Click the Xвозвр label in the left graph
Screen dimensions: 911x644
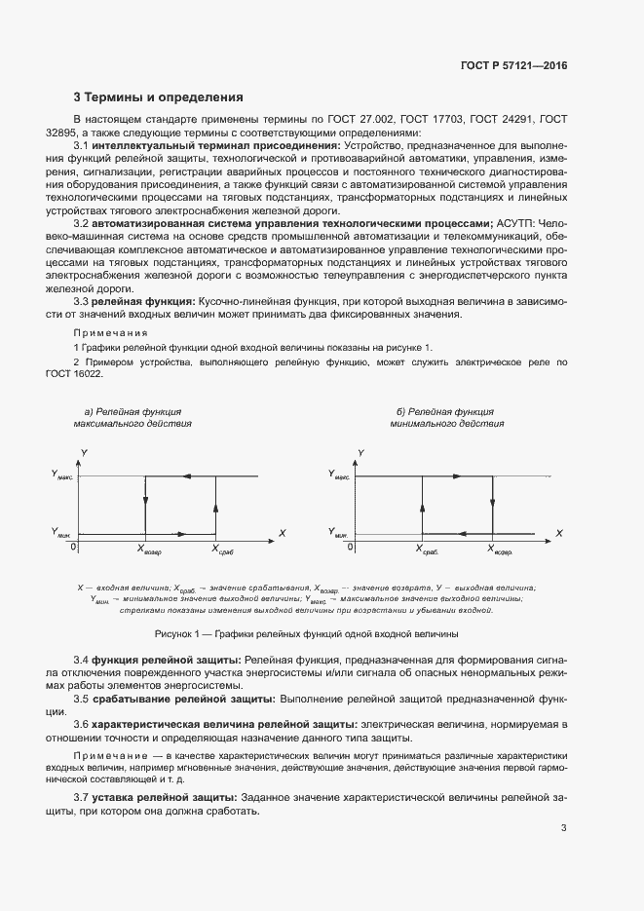[149, 550]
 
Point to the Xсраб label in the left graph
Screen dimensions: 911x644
[223, 550]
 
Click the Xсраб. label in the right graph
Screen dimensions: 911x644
[427, 550]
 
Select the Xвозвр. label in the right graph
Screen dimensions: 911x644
[500, 550]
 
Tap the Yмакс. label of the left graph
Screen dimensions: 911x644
[61, 474]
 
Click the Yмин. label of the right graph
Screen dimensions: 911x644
[338, 533]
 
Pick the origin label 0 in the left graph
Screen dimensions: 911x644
[73, 547]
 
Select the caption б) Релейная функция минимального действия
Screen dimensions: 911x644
[446, 418]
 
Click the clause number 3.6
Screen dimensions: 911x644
[82, 725]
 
